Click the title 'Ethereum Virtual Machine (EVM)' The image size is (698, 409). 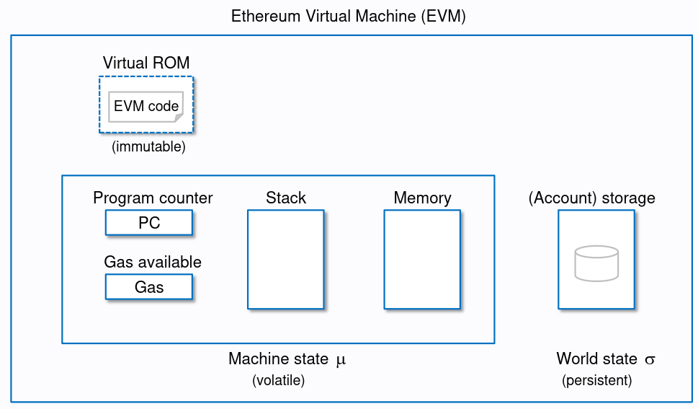pyautogui.click(x=349, y=17)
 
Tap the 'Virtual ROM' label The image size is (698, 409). pyautogui.click(x=146, y=63)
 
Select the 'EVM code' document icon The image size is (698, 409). pyautogui.click(x=146, y=107)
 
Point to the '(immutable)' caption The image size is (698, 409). pyautogui.click(x=148, y=146)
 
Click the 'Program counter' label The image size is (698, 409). pyautogui.click(x=153, y=198)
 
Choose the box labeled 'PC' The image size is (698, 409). pyautogui.click(x=149, y=223)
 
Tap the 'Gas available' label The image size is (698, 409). pyautogui.click(x=153, y=262)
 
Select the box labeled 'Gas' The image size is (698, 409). pyautogui.click(x=149, y=287)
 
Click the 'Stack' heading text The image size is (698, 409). pyautogui.click(x=286, y=198)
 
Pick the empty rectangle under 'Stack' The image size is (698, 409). pyautogui.click(x=286, y=260)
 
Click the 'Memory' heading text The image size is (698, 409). pyautogui.click(x=422, y=198)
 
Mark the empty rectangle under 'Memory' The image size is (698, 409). pyautogui.click(x=422, y=260)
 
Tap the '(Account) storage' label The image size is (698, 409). pyautogui.click(x=592, y=198)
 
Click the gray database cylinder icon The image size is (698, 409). pyautogui.click(x=596, y=263)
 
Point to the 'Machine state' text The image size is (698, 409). pyautogui.click(x=278, y=359)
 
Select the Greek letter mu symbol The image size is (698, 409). pyautogui.click(x=341, y=360)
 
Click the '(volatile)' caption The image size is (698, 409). pyautogui.click(x=279, y=381)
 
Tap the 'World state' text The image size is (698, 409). pyautogui.click(x=596, y=359)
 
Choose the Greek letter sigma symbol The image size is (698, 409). pyautogui.click(x=650, y=360)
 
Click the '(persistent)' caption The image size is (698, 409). pyautogui.click(x=596, y=381)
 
